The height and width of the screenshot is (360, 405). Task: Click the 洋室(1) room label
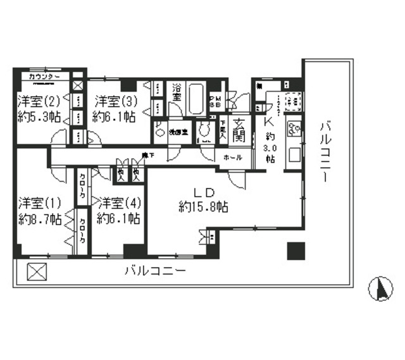click(39, 203)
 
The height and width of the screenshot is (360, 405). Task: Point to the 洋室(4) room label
click(118, 203)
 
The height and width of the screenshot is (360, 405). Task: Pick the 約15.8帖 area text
click(204, 206)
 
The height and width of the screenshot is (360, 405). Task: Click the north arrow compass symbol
click(381, 289)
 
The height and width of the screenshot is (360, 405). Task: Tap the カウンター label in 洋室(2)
click(44, 77)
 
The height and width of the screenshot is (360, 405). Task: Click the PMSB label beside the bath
click(215, 101)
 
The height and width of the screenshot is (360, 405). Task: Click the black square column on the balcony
click(296, 251)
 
